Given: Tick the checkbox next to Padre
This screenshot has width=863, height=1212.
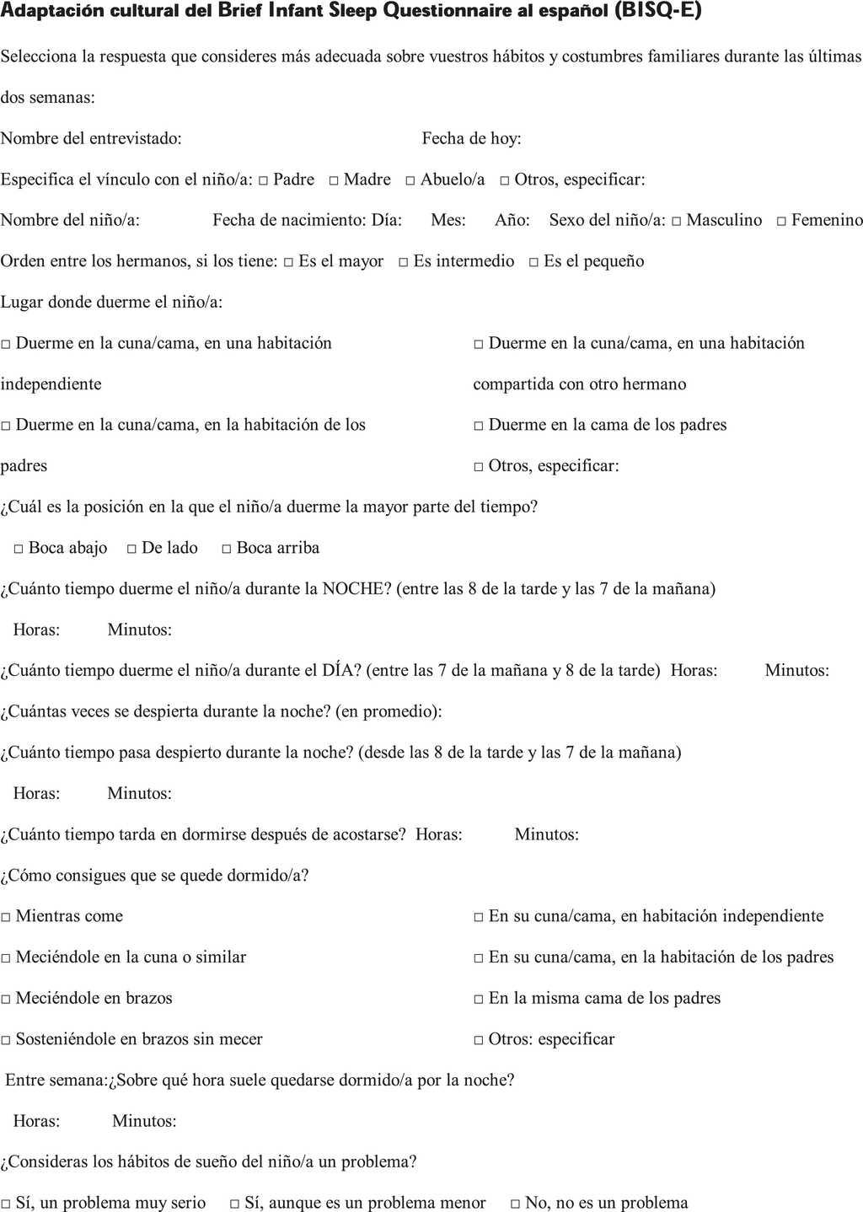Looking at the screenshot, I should [264, 181].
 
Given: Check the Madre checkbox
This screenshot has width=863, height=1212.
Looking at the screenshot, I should [334, 181].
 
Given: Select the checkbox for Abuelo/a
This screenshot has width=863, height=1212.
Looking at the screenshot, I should [410, 181].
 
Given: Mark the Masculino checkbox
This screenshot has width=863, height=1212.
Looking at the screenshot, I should [676, 222].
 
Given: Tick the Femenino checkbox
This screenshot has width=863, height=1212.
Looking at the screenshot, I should [781, 222].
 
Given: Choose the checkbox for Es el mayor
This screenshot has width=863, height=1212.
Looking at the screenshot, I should [288, 263].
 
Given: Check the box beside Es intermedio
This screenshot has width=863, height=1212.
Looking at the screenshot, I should [404, 263].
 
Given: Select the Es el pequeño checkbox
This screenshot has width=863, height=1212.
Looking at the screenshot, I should [533, 263].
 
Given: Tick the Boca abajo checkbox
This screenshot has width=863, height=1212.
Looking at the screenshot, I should [19, 550].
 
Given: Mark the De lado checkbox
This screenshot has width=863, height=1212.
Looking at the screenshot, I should [131, 550].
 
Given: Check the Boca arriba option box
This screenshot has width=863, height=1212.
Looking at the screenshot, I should [226, 550].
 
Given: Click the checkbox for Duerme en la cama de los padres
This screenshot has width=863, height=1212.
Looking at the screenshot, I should [478, 426].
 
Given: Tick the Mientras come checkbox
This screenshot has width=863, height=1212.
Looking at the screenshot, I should [6, 918].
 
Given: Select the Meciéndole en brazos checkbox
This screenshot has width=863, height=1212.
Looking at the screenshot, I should [6, 1000].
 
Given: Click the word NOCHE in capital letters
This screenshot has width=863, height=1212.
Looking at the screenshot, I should [354, 589].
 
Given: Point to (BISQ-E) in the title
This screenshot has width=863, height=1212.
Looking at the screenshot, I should [657, 11].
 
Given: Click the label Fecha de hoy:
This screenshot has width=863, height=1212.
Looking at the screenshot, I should [471, 138].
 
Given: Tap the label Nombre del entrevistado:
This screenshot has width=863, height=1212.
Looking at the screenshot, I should [91, 138].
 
